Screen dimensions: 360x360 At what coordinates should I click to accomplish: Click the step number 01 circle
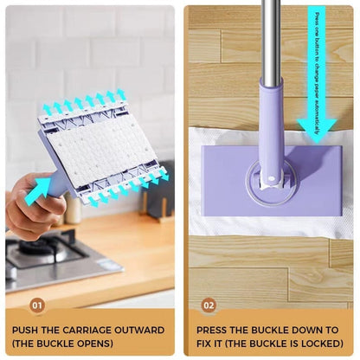36,305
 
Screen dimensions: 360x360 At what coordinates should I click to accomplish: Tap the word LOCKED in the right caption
317,344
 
